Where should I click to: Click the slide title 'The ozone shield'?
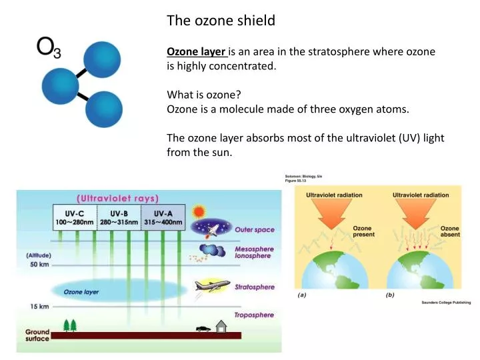[221, 21]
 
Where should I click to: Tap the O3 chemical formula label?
[49, 48]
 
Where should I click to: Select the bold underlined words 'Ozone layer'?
[197, 52]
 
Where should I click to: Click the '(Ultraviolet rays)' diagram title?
[117, 198]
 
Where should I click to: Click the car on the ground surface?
[203, 328]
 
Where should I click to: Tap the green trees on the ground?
[69, 325]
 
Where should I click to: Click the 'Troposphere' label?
[254, 315]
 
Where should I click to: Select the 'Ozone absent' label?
[450, 231]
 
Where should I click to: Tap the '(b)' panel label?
[390, 295]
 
